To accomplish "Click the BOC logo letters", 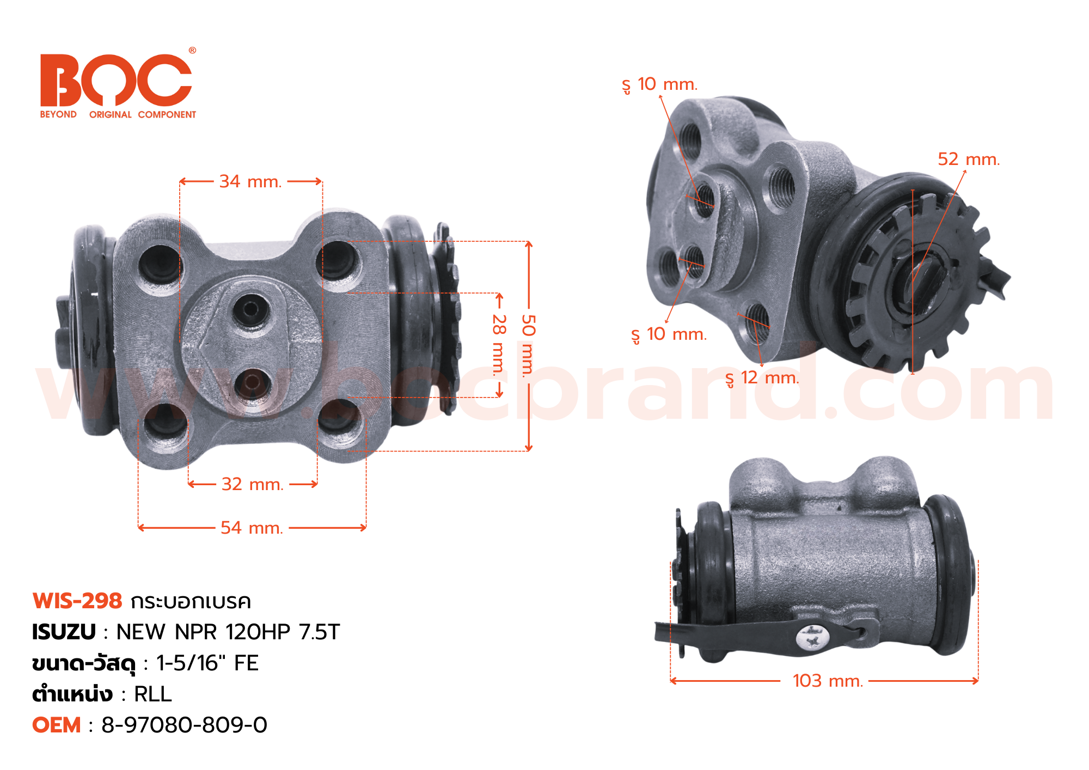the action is [116, 80].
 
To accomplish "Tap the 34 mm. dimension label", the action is [250, 181].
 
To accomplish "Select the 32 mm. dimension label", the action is [253, 484].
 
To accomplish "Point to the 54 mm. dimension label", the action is [252, 528].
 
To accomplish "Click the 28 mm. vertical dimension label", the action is [499, 345].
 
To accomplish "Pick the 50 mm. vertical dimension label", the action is [528, 346].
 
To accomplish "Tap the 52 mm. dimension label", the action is [969, 160].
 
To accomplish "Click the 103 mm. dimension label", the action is [828, 681].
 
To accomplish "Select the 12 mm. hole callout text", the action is [762, 378].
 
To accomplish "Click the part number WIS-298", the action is [77, 601].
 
